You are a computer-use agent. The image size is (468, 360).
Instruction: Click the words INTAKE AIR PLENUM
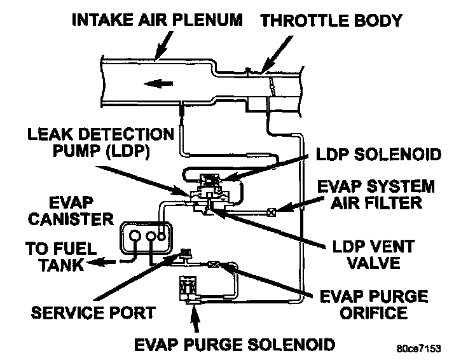[x=157, y=20]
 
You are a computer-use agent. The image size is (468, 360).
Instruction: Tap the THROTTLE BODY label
[x=331, y=20]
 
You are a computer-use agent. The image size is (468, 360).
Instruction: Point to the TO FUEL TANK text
[x=54, y=256]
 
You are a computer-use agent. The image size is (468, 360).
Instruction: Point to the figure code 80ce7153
[x=416, y=349]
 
